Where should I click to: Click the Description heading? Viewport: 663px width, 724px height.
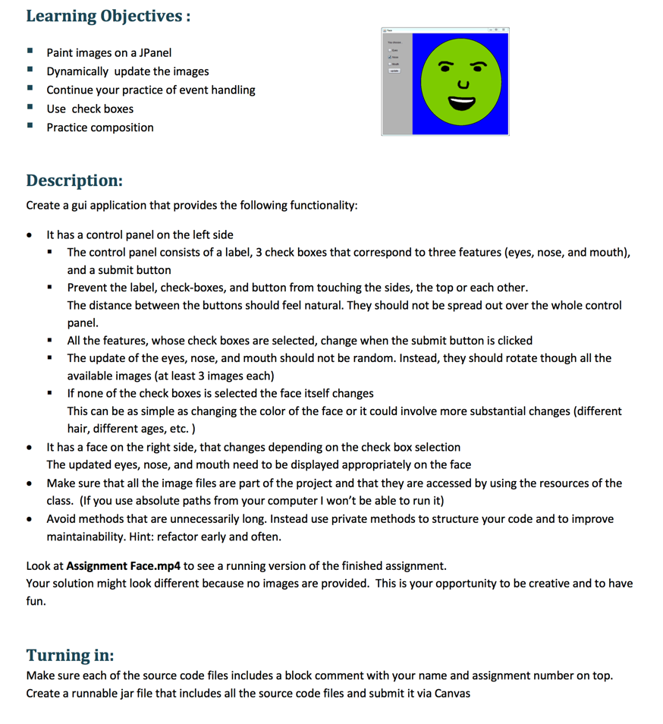click(x=74, y=181)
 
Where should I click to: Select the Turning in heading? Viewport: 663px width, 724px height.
click(x=70, y=655)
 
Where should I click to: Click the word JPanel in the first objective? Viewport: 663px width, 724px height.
click(x=154, y=52)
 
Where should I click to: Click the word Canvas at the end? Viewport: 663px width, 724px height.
click(x=453, y=693)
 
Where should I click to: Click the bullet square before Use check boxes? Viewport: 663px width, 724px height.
click(x=30, y=109)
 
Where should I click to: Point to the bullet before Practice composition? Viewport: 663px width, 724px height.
click(x=30, y=127)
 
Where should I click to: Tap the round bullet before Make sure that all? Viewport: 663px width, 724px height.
click(x=30, y=483)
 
